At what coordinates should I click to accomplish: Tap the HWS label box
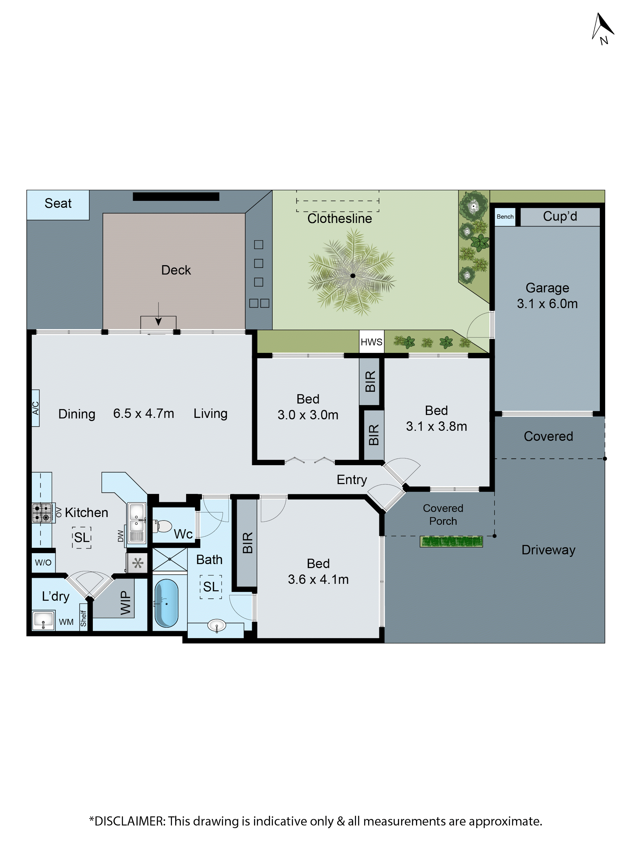click(x=371, y=342)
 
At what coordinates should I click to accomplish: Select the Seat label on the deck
click(x=58, y=203)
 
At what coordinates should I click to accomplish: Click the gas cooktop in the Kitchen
click(x=42, y=513)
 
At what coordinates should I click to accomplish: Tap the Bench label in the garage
click(x=505, y=217)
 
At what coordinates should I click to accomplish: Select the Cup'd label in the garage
click(x=559, y=216)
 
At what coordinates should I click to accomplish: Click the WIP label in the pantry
click(x=125, y=603)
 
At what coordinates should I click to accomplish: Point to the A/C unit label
click(x=35, y=408)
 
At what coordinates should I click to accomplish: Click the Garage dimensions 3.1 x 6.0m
click(x=547, y=304)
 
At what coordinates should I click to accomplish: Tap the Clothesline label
click(x=339, y=219)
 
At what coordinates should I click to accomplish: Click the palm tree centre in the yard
click(x=353, y=276)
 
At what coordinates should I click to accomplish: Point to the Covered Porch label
click(x=443, y=514)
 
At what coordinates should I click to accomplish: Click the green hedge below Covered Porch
click(x=451, y=541)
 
